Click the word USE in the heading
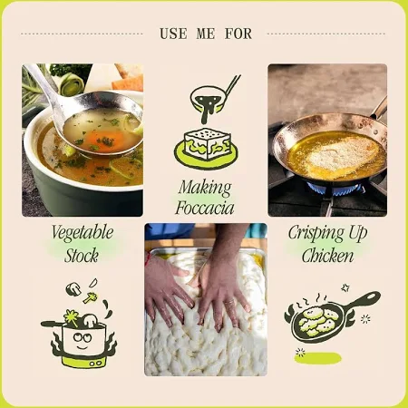click(x=173, y=34)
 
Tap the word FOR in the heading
click(x=238, y=34)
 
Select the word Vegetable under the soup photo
click(x=83, y=233)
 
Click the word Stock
click(x=82, y=256)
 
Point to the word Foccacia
click(x=205, y=208)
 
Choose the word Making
click(x=205, y=188)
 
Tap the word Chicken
click(x=327, y=256)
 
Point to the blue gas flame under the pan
click(x=335, y=189)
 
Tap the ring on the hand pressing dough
click(x=230, y=302)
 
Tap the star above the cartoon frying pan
click(x=345, y=287)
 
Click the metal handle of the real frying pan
click(x=379, y=108)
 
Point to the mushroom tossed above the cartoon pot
click(x=73, y=288)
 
